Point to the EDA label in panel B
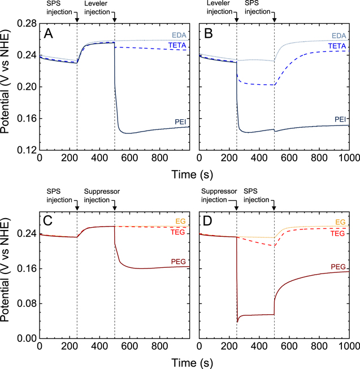[x=340, y=36]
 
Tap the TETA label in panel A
[x=179, y=45]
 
